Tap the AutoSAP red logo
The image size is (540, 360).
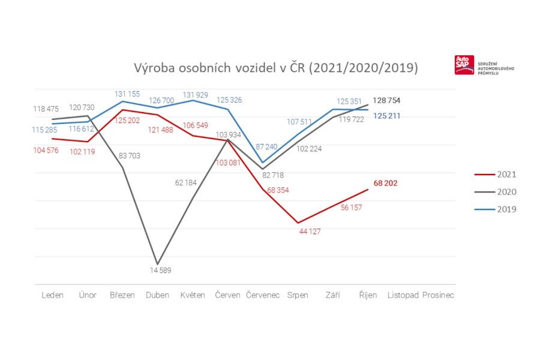pos(464,65)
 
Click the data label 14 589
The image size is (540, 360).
pos(160,270)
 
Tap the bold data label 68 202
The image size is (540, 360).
pos(385,184)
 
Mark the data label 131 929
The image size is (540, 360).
pos(194,94)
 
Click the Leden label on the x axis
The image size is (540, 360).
pos(53,295)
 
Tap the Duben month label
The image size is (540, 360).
pos(157,295)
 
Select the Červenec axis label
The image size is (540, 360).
pos(263,295)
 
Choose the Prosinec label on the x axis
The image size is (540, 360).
pos(438,295)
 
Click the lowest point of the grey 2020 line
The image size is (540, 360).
pos(158,263)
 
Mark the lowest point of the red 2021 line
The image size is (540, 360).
pos(298,223)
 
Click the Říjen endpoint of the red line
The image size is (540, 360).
pos(368,190)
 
